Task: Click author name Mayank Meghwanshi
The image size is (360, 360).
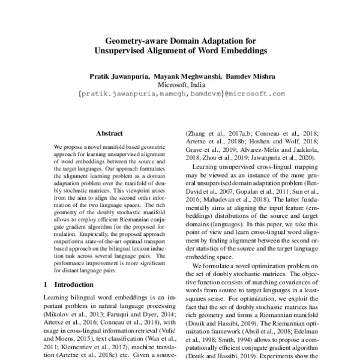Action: pos(187,76)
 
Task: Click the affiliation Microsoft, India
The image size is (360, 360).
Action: pos(180,85)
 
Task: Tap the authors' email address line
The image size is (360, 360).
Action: pos(181,94)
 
